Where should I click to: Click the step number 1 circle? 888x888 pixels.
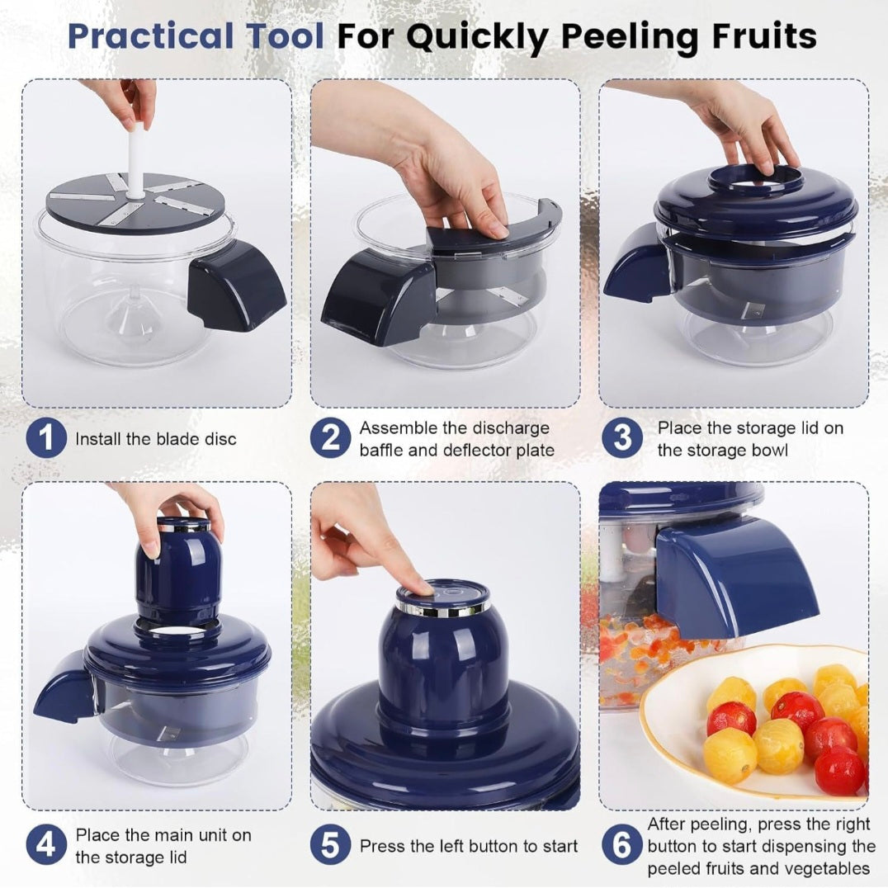tap(46, 438)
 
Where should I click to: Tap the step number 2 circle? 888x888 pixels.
tap(330, 438)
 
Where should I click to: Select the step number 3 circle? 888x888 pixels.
tap(621, 438)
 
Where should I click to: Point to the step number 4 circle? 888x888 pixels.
tap(46, 846)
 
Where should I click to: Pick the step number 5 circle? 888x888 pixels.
tap(330, 846)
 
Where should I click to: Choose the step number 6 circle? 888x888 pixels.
tap(621, 846)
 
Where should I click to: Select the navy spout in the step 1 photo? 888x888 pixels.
tap(234, 285)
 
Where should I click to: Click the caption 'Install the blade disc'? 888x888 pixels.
tap(156, 439)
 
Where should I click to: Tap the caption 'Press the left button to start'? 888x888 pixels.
tap(468, 846)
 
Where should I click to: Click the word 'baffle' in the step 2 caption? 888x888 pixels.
tap(383, 451)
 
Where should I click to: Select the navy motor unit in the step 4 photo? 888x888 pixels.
tap(177, 574)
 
